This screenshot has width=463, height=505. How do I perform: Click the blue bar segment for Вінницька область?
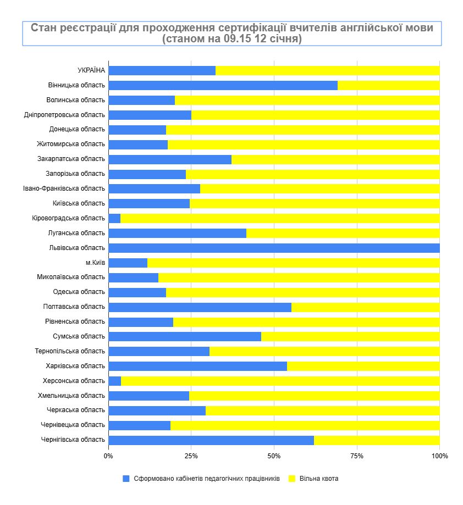(x=223, y=85)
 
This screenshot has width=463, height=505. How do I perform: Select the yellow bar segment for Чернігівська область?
(x=377, y=440)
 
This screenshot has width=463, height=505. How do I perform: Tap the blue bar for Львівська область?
(x=274, y=248)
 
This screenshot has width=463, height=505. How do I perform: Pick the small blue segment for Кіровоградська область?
(x=114, y=218)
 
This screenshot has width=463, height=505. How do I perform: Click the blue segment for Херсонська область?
(x=115, y=381)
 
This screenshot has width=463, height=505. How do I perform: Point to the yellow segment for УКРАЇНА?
(x=327, y=70)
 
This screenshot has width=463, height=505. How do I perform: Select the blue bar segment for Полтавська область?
(x=200, y=307)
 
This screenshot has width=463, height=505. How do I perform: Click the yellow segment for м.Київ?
(x=293, y=263)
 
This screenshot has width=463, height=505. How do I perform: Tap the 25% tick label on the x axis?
(x=191, y=456)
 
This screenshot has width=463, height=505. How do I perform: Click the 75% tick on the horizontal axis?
(x=357, y=456)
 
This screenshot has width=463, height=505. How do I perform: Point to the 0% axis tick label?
(x=108, y=456)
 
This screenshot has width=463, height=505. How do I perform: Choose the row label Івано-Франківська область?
(x=64, y=188)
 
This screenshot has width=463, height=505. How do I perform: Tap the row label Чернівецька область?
(x=73, y=425)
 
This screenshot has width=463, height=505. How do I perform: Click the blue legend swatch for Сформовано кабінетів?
(x=126, y=479)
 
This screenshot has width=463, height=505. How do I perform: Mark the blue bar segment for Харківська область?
(x=197, y=366)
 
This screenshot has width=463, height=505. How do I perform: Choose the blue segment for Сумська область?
(x=185, y=336)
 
